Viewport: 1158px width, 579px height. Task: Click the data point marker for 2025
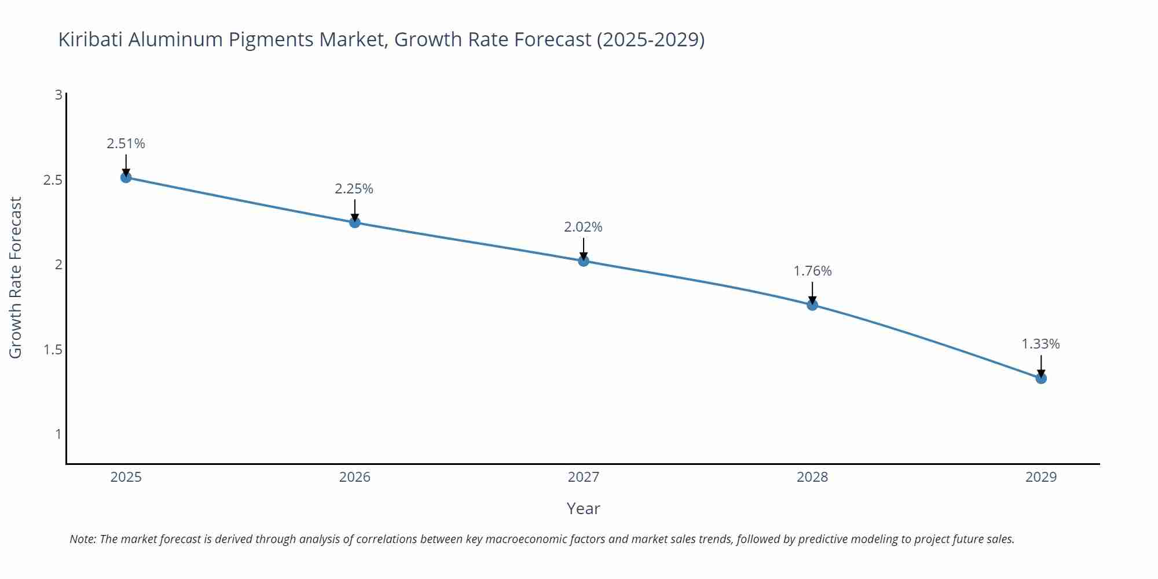(x=126, y=177)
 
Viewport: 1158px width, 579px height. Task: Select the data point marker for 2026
(x=355, y=222)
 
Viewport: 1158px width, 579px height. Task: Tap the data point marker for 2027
(x=584, y=261)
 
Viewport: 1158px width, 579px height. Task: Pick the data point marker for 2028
(x=812, y=305)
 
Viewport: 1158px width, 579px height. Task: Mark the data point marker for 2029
(x=1041, y=378)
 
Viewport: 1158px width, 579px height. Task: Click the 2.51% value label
(x=126, y=144)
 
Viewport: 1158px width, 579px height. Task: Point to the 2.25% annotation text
(x=354, y=189)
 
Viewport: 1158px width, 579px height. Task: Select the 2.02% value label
(x=583, y=227)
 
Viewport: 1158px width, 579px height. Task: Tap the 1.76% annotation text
(x=812, y=271)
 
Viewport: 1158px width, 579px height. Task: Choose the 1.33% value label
(x=1040, y=344)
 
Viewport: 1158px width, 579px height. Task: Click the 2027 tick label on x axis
(x=584, y=477)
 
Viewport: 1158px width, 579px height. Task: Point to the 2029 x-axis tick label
(x=1041, y=477)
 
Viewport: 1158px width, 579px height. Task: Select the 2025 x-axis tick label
(x=126, y=477)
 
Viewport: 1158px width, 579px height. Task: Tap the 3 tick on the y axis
(x=58, y=95)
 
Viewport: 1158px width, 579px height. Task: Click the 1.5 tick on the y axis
(x=53, y=350)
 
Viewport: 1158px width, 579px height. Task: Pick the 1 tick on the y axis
(x=58, y=434)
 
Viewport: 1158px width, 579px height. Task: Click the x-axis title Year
(x=583, y=508)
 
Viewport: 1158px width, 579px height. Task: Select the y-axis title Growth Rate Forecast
(x=16, y=278)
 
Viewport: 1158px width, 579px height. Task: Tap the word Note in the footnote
(x=82, y=539)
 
